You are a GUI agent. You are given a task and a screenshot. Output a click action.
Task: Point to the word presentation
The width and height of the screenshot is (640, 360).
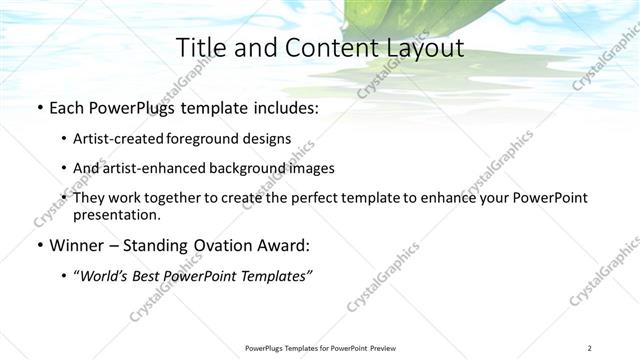click(x=116, y=214)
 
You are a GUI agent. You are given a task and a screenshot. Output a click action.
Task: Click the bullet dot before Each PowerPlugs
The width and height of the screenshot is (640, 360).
click(x=38, y=108)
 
